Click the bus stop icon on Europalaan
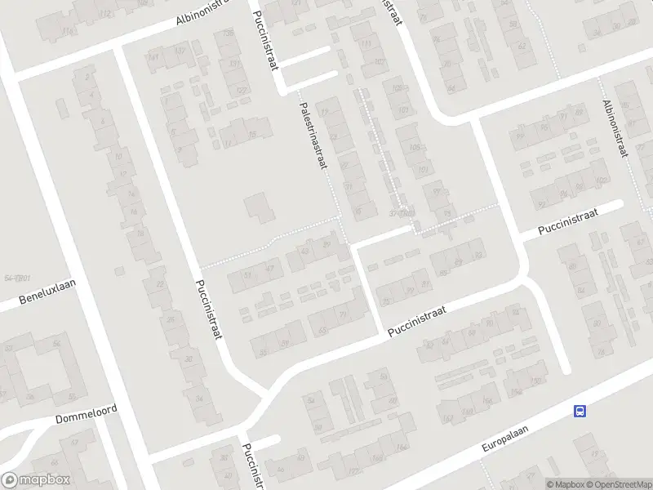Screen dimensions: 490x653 (x=580, y=411)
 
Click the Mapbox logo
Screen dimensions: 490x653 (x=35, y=480)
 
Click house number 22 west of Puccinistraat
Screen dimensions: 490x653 (x=160, y=283)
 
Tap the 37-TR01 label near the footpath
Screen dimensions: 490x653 (x=402, y=214)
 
